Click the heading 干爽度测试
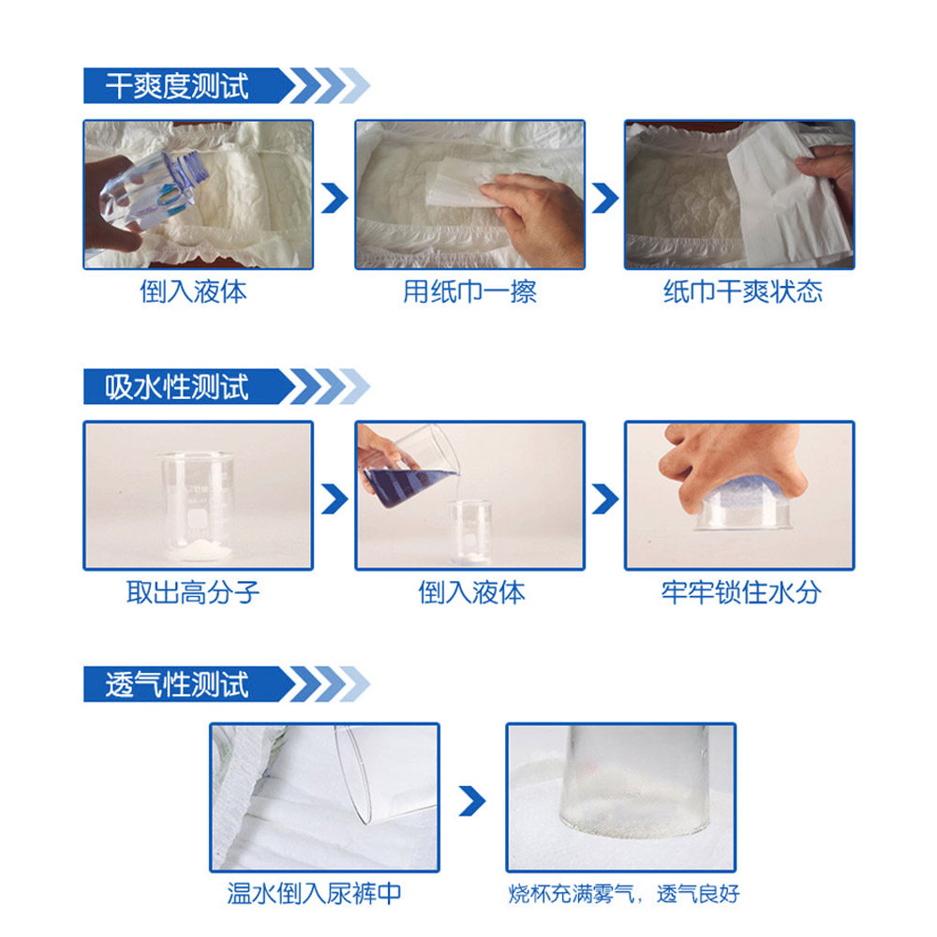[x=177, y=86]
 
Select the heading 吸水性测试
[x=177, y=386]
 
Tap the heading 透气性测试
[x=177, y=685]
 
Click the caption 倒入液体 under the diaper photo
[x=194, y=291]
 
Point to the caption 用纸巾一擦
[x=469, y=291]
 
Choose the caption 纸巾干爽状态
[x=742, y=291]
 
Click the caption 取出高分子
[x=194, y=592]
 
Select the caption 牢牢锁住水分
[x=740, y=592]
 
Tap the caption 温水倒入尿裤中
[x=315, y=892]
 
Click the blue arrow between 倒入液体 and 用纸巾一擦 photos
[x=334, y=198]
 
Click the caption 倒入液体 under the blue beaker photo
[x=471, y=592]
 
